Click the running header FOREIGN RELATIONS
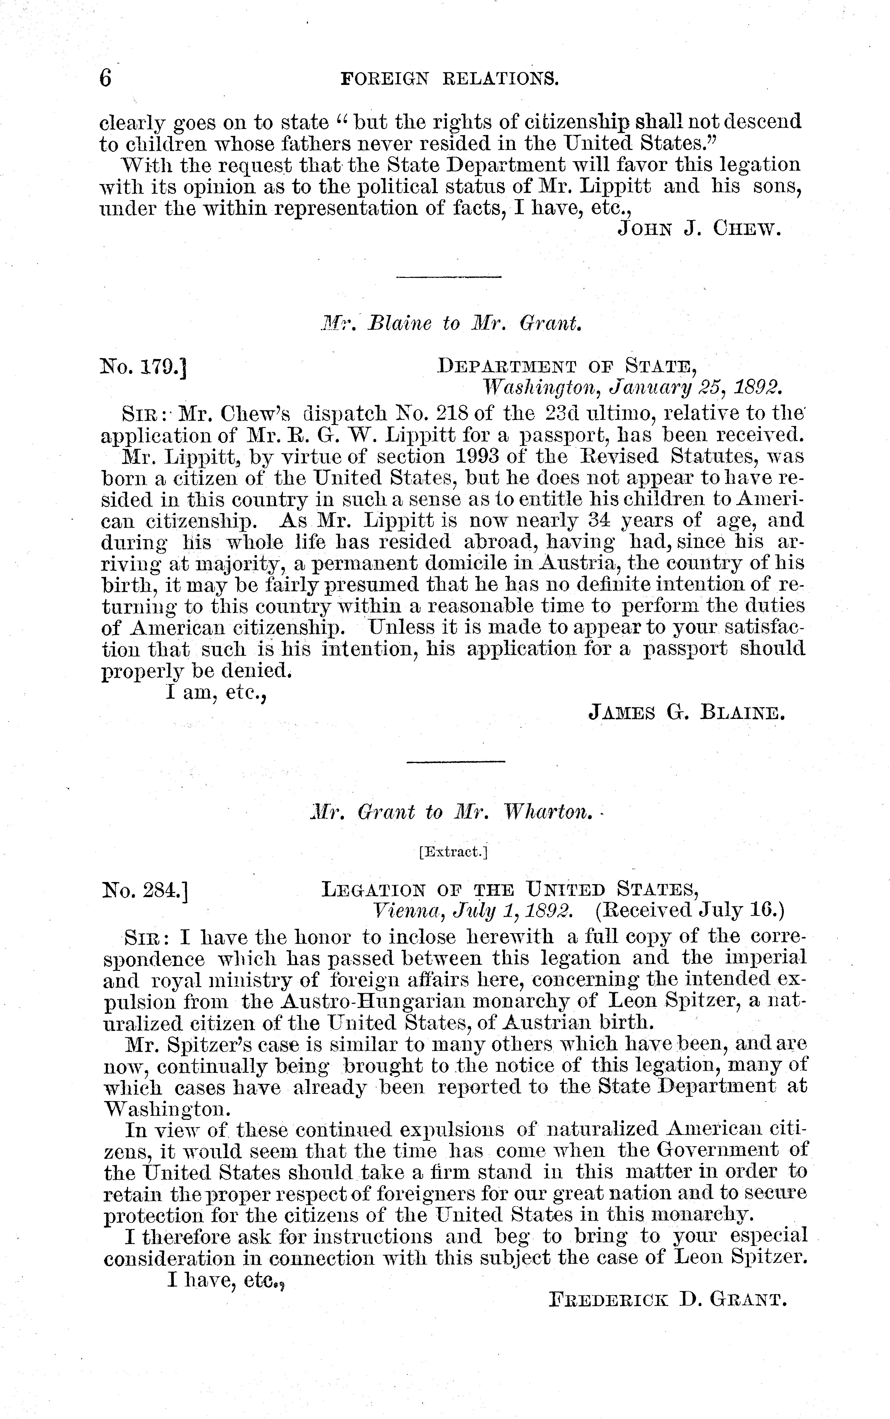[x=450, y=78]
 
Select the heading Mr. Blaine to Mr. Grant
[x=451, y=323]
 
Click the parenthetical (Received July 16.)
[x=690, y=911]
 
